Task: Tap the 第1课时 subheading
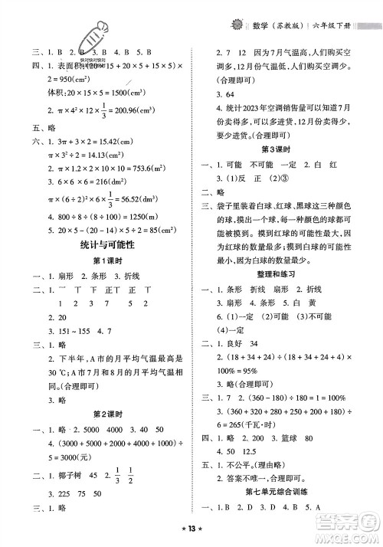click(x=97, y=260)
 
